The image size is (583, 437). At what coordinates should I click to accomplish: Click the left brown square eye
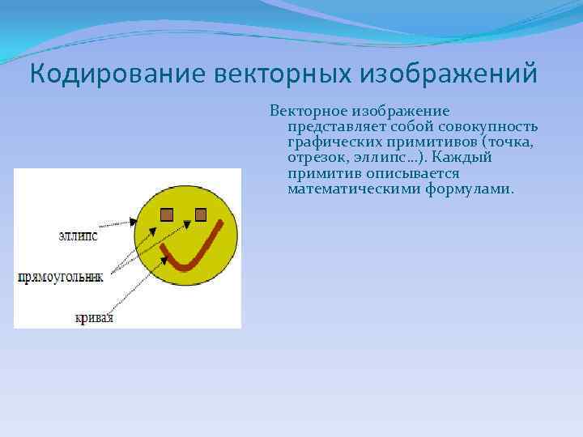coord(166,214)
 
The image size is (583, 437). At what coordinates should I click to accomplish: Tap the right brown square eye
coord(201,214)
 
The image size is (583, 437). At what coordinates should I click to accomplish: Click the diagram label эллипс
coord(78,235)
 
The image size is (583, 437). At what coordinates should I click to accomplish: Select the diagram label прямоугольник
coord(61,277)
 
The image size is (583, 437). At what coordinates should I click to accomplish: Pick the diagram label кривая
coord(96,318)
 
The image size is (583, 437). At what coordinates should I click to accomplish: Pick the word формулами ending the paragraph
coord(469,189)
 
